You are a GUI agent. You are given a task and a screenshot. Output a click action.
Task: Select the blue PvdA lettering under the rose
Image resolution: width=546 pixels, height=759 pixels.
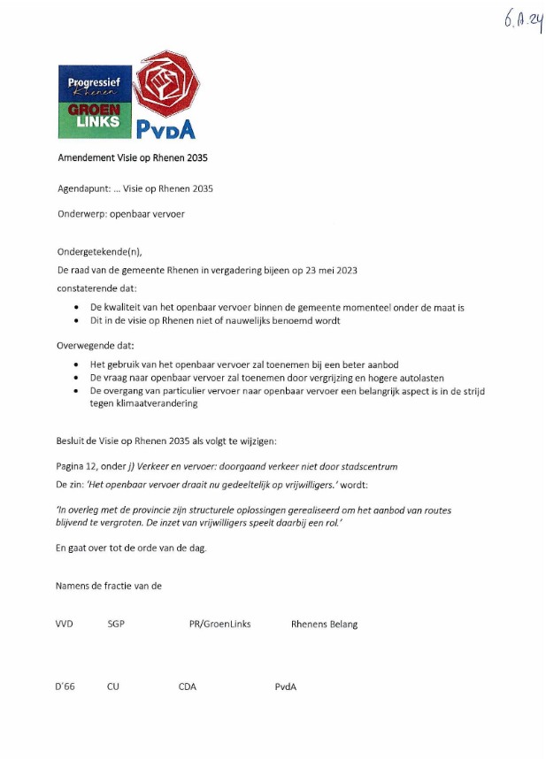click(x=165, y=129)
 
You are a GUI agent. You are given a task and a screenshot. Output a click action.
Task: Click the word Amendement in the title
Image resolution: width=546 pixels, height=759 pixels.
click(x=88, y=157)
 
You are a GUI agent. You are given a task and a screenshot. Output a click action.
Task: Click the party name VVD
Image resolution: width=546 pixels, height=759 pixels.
click(x=65, y=624)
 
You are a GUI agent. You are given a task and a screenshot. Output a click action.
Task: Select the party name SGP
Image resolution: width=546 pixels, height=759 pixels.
click(x=116, y=624)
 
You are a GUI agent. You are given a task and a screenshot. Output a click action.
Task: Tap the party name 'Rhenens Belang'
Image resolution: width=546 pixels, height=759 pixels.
click(x=324, y=624)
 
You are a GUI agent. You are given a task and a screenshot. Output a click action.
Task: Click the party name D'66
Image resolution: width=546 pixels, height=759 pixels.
click(x=65, y=686)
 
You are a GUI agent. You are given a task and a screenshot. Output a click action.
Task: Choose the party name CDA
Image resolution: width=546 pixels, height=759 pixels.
click(x=188, y=686)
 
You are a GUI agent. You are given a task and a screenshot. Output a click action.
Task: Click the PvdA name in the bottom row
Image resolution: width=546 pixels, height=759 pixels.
click(x=285, y=686)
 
